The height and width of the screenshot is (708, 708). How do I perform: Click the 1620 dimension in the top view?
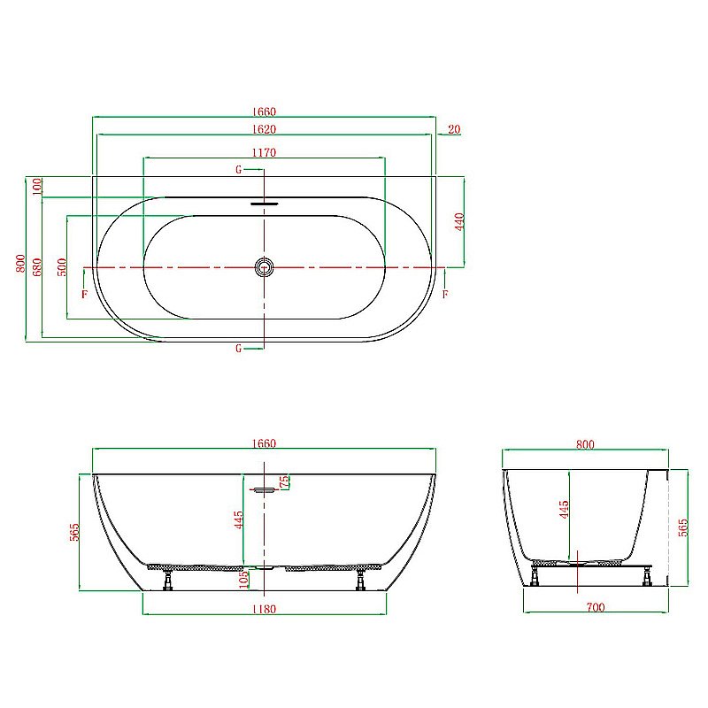pyautogui.click(x=264, y=129)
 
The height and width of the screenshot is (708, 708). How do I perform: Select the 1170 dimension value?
pyautogui.click(x=264, y=152)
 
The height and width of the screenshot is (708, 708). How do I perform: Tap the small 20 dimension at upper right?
pyautogui.click(x=454, y=129)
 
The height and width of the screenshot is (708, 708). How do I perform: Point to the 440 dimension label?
pyautogui.click(x=459, y=221)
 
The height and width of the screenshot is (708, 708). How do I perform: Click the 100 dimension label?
pyautogui.click(x=37, y=186)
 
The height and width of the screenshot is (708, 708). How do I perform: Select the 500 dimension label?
pyautogui.click(x=61, y=266)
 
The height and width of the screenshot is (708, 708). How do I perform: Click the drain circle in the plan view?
pyautogui.click(x=264, y=266)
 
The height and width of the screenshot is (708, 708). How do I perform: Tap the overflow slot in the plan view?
pyautogui.click(x=264, y=204)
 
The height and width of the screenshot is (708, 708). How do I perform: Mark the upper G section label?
pyautogui.click(x=238, y=169)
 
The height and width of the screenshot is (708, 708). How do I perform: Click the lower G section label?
pyautogui.click(x=238, y=349)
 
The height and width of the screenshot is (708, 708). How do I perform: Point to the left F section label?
pyautogui.click(x=84, y=294)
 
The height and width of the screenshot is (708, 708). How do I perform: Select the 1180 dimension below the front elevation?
pyautogui.click(x=264, y=609)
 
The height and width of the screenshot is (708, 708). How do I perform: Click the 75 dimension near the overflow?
pyautogui.click(x=284, y=482)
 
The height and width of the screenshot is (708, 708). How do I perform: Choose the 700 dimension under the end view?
pyautogui.click(x=595, y=607)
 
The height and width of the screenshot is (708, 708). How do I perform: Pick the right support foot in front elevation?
pyautogui.click(x=360, y=581)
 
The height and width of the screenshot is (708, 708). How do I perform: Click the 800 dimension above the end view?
pyautogui.click(x=584, y=444)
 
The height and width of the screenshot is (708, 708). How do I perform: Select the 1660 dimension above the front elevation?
pyautogui.click(x=264, y=443)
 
